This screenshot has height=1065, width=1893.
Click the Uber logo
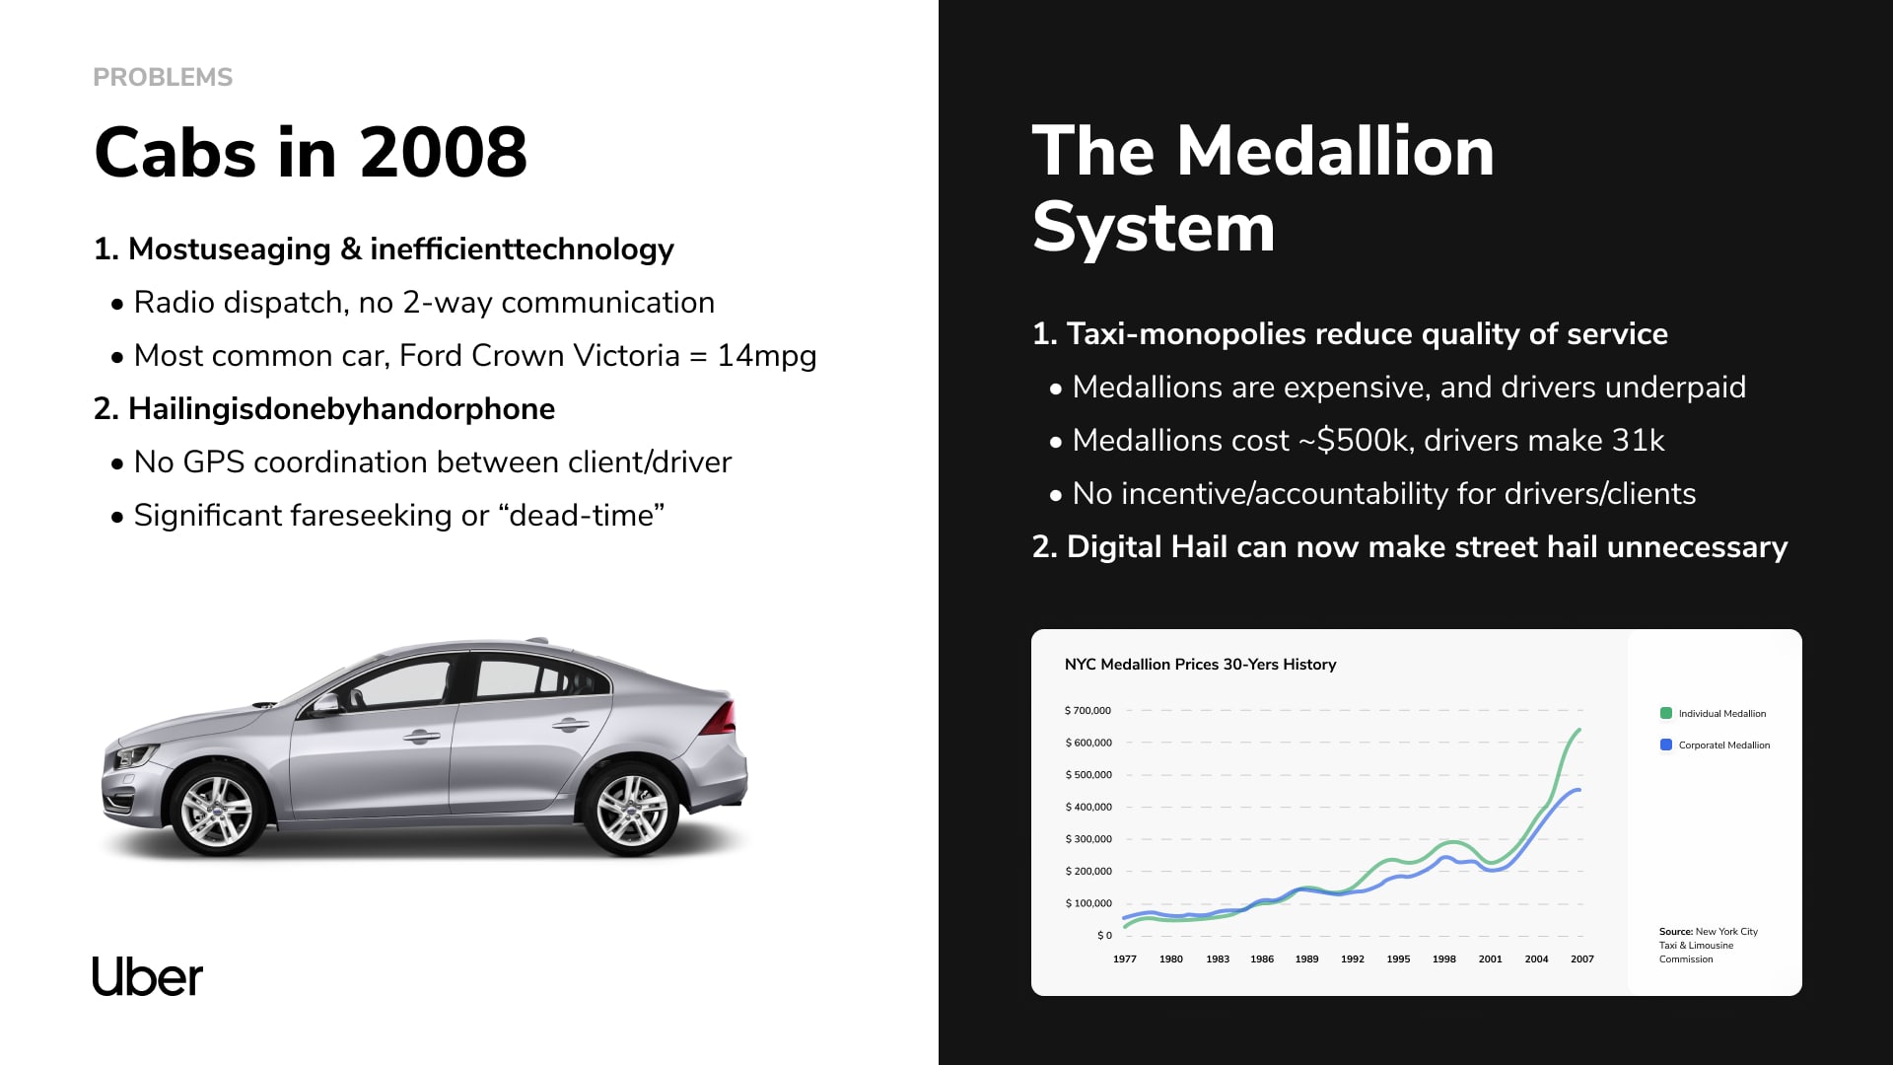(148, 976)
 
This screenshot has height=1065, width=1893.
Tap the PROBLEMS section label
(163, 77)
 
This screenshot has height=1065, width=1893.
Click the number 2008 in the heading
(444, 153)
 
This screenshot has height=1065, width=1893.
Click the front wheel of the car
(217, 811)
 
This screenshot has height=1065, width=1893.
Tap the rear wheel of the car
(632, 811)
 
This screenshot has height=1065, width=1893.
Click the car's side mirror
(325, 703)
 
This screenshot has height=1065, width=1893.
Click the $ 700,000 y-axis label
(1087, 710)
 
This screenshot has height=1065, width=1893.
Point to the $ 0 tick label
(1104, 935)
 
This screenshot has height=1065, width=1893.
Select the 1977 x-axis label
(1125, 958)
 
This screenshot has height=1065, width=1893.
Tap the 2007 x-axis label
(1582, 958)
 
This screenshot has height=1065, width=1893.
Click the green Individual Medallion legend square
(1666, 713)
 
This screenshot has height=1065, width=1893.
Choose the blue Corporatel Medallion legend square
(1666, 745)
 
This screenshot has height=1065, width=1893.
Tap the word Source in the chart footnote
(1676, 931)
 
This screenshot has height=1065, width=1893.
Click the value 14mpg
(767, 355)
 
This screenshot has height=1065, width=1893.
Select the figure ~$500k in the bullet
(1352, 440)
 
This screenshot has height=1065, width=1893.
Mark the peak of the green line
(1579, 730)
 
